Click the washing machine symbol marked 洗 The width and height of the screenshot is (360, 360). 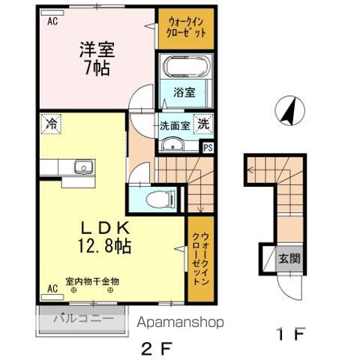203,125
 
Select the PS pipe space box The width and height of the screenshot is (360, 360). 207,148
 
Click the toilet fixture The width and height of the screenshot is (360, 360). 158,200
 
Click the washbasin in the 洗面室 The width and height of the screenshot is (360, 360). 173,145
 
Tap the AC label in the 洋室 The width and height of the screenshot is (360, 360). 52,22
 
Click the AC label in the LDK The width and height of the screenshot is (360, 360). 52,287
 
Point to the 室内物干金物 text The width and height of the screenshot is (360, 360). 92,282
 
